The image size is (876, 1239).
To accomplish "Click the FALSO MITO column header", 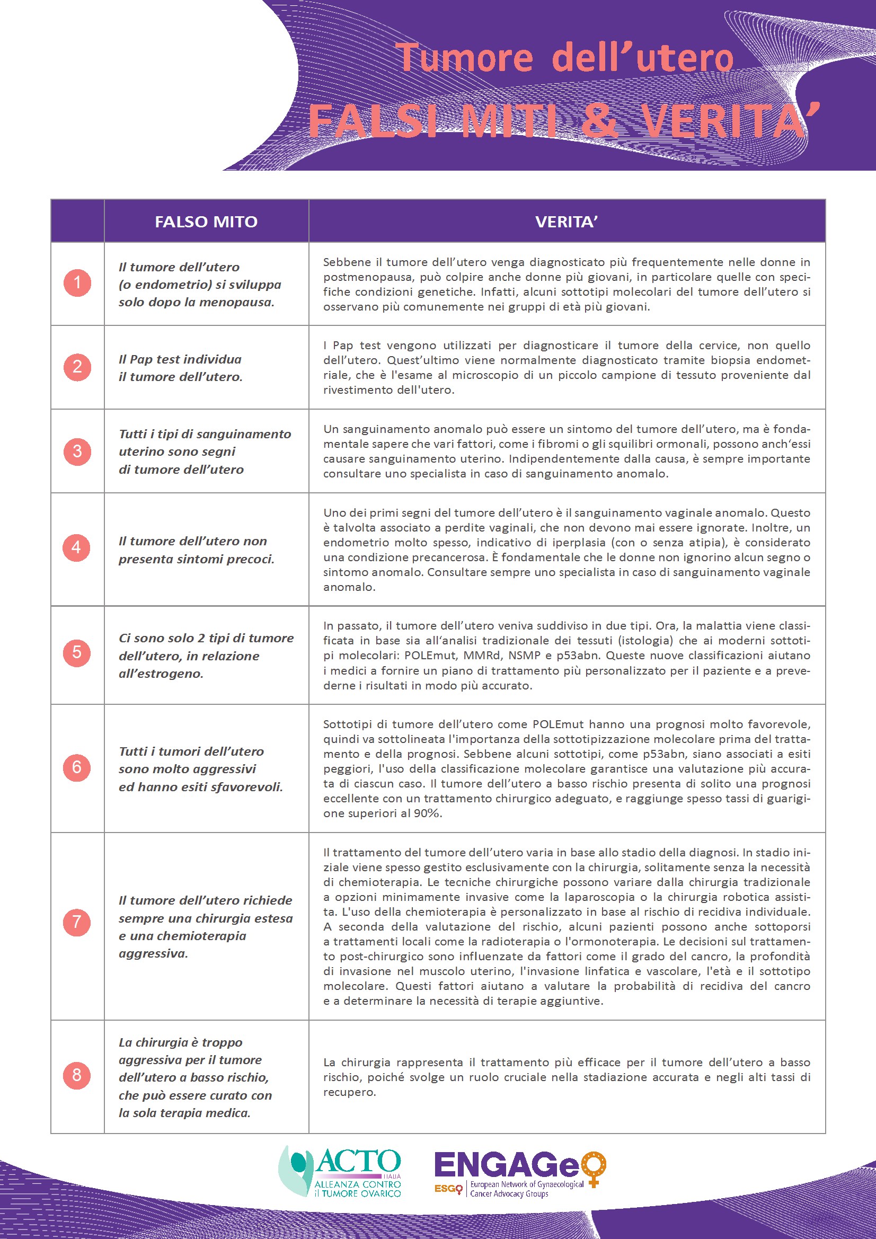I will click(206, 222).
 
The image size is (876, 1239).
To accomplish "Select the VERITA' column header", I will click(566, 222).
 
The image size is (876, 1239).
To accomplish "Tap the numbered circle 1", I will click(77, 283).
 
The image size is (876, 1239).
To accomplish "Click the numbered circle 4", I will click(77, 548).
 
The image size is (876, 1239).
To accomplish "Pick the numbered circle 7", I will click(77, 922).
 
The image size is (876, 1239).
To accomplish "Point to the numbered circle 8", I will click(77, 1075).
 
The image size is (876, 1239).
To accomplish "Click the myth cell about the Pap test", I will click(181, 368).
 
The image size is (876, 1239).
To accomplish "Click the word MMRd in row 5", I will click(489, 656).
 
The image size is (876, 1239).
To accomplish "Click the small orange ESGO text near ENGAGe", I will click(448, 1188).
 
